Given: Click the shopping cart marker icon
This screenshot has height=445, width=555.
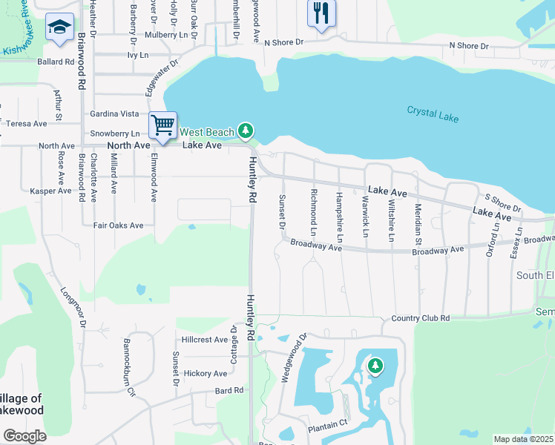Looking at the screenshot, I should click(x=163, y=125).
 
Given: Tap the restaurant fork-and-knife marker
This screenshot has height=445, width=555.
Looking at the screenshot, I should click(x=321, y=13).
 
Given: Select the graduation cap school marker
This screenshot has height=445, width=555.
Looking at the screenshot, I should click(x=59, y=28).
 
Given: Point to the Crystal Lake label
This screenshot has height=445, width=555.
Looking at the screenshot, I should click(x=433, y=114).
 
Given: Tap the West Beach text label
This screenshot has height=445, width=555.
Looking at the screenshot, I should click(x=207, y=132).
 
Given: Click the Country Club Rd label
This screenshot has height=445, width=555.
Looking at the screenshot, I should click(x=420, y=318).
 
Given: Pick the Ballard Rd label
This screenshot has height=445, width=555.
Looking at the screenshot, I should click(x=56, y=62).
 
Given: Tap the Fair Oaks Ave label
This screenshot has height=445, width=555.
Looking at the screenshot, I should click(x=118, y=225).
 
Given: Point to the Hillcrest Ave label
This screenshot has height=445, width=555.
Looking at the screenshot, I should click(x=205, y=340).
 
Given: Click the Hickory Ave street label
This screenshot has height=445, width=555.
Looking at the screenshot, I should click(x=205, y=373).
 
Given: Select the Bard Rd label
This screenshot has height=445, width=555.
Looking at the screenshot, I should click(x=229, y=390).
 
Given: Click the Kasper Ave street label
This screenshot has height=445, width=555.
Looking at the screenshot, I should click(x=51, y=191).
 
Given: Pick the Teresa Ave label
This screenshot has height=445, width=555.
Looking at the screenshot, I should click(x=27, y=124).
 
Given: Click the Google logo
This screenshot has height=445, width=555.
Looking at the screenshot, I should click(x=24, y=435).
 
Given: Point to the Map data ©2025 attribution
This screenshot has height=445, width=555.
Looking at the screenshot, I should click(x=523, y=439).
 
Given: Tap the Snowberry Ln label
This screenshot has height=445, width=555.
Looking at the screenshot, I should click(x=114, y=133).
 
